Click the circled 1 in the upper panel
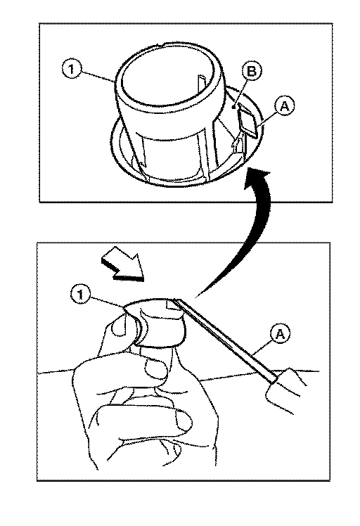tap(71, 70)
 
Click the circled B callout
tap(251, 71)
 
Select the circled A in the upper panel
tap(284, 106)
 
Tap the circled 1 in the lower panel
tap(80, 295)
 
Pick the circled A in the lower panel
tap(280, 334)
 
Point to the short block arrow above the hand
tap(123, 263)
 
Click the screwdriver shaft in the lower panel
tap(226, 340)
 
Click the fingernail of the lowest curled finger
tap(184, 421)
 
